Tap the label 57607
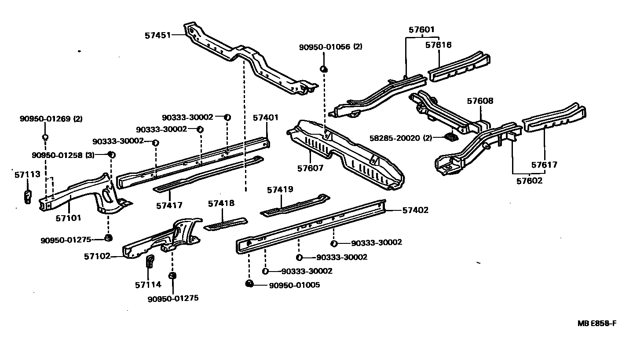click(x=311, y=168)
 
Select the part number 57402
click(x=415, y=210)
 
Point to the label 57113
click(x=27, y=174)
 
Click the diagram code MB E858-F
click(x=597, y=323)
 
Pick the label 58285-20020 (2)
click(x=400, y=138)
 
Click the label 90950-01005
click(x=294, y=285)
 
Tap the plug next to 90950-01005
click(x=249, y=283)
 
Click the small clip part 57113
click(x=27, y=197)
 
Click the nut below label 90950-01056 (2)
click(x=323, y=69)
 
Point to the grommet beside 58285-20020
click(x=451, y=137)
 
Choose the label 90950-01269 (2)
click(x=51, y=119)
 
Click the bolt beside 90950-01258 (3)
click(x=112, y=154)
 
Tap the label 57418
click(x=221, y=203)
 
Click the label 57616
click(x=439, y=45)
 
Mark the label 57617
click(x=544, y=165)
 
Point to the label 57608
click(x=480, y=101)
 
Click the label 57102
click(x=97, y=256)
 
